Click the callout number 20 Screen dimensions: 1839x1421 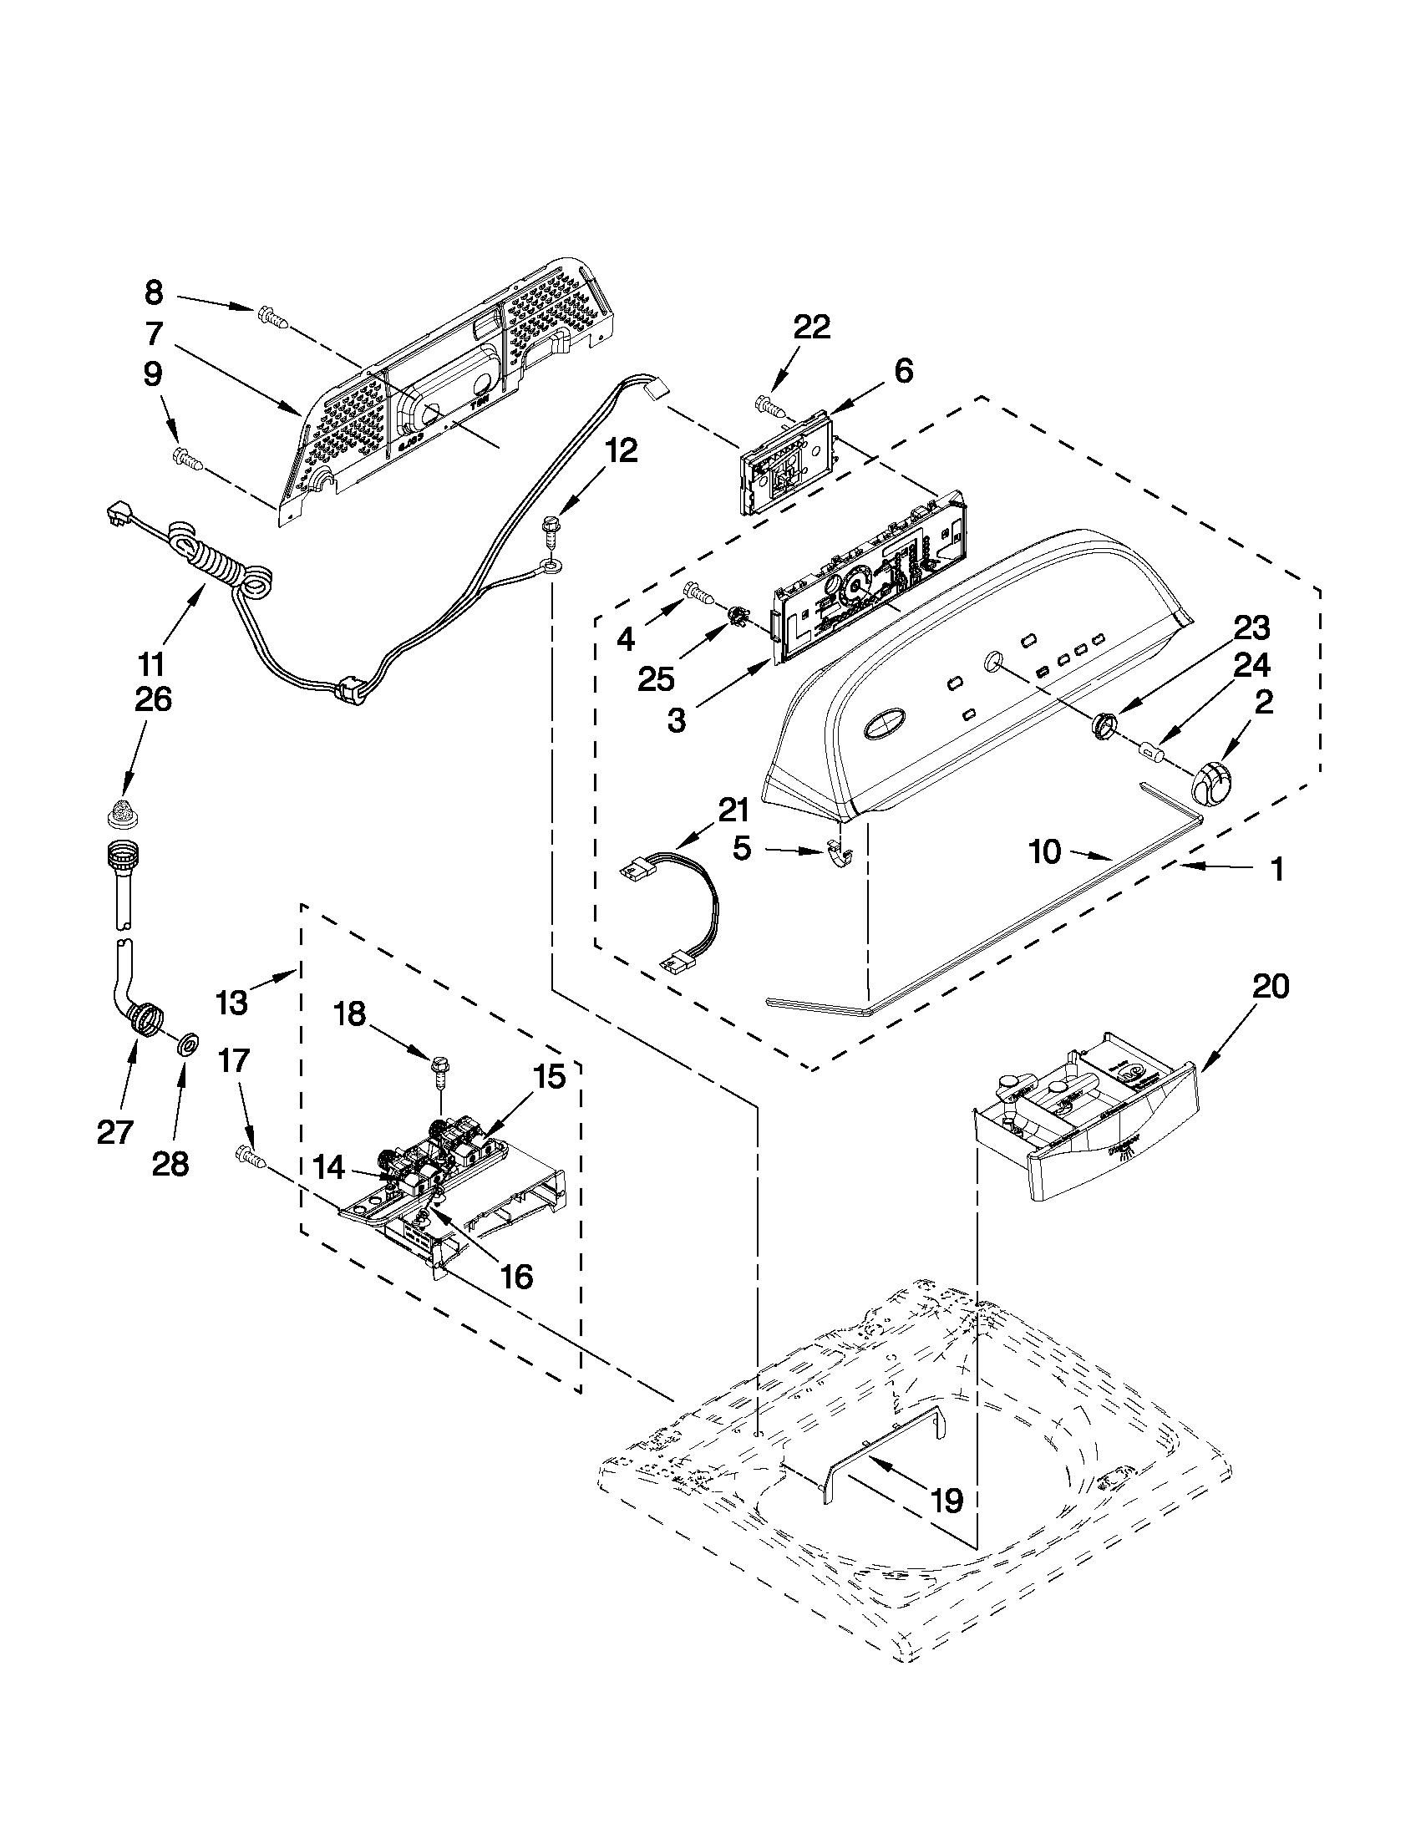[1271, 986]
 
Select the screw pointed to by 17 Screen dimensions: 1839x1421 [251, 1156]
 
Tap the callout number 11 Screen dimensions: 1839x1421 [150, 665]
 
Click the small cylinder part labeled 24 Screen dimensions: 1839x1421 [1149, 749]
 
